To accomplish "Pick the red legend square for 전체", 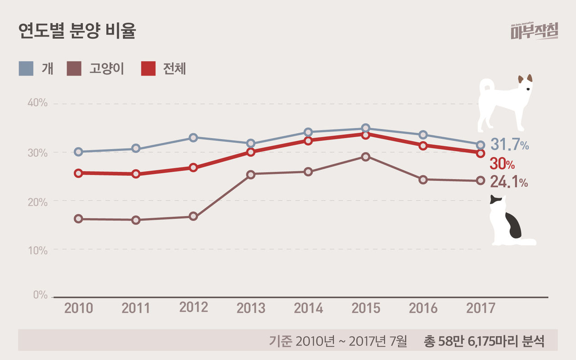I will coord(148,69).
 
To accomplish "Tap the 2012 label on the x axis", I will coord(194,307).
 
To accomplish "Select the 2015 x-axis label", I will coord(366,308).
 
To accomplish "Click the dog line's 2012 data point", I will coord(193,138).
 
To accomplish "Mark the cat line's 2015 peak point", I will coord(366,157).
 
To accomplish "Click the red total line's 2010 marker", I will coord(78,173).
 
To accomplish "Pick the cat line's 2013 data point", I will coord(251,175).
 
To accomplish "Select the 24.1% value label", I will coord(509,182).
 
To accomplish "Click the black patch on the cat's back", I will coord(513,225).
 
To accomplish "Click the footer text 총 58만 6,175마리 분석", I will coord(484,341).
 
